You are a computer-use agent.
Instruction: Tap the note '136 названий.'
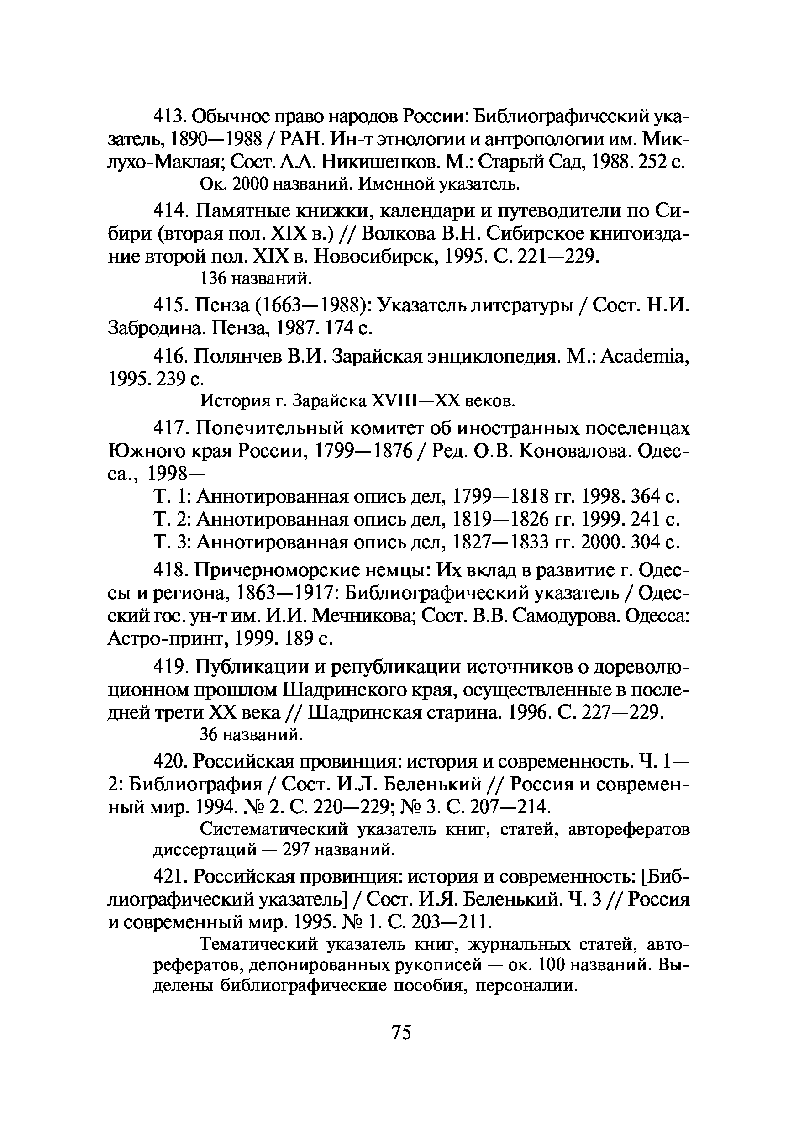[x=255, y=279]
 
